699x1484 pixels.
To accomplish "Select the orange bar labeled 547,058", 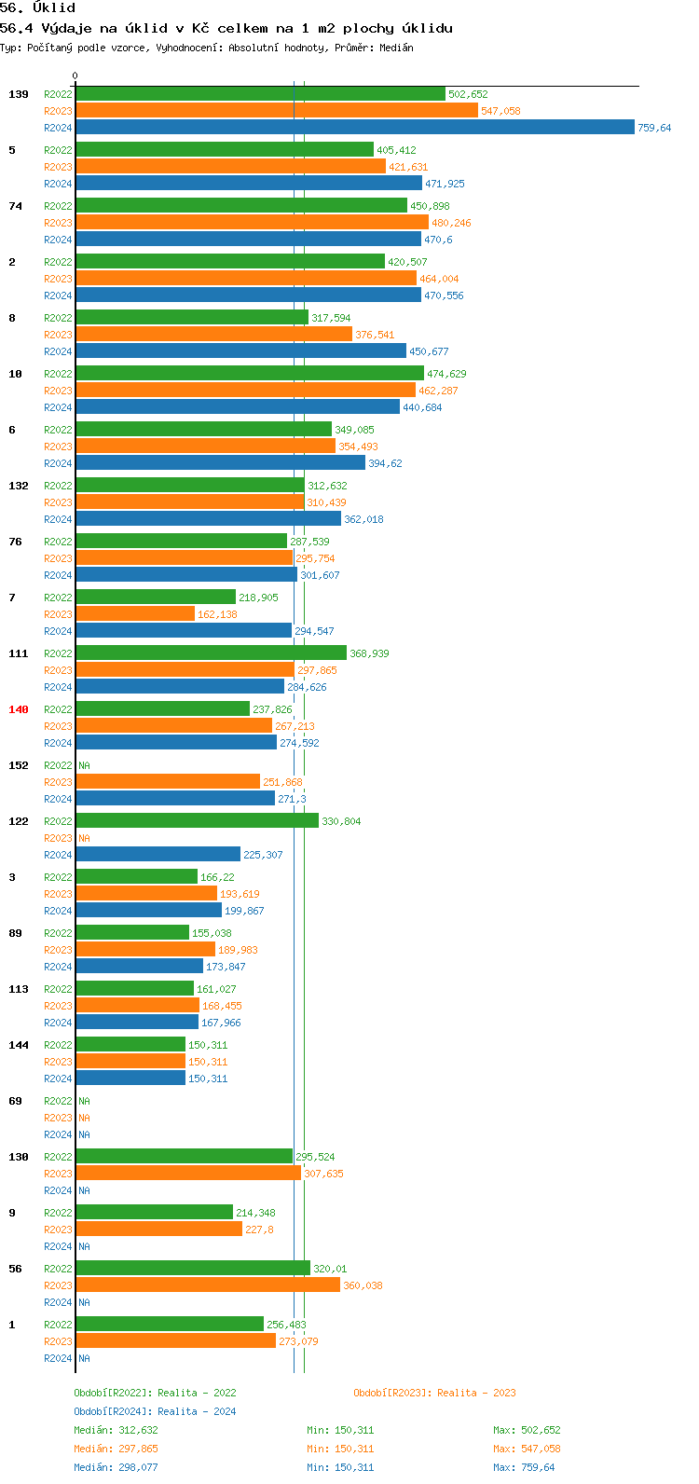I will point(276,111).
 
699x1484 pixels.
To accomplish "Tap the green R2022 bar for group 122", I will point(197,821).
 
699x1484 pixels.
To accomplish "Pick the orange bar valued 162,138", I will point(135,614).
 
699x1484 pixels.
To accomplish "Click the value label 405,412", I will point(396,150).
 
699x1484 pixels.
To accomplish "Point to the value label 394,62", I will point(385,463).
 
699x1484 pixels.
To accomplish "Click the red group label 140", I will point(19,709).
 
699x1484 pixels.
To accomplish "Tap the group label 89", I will point(16,933).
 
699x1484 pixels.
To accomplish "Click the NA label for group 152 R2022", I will point(84,765).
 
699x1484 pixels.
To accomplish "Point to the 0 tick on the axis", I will point(75,76).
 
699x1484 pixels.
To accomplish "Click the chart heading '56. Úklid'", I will point(38,8).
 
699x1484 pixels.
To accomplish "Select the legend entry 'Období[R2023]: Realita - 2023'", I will point(434,1393).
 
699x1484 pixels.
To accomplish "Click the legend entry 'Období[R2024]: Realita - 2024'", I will point(155,1411).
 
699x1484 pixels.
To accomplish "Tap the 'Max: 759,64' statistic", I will point(524,1467).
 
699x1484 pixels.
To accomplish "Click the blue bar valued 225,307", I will point(158,855).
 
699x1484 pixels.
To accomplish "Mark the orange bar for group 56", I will point(208,1285).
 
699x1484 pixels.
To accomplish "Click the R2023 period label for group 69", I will point(58,1118).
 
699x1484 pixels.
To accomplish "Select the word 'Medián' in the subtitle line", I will point(396,48).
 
